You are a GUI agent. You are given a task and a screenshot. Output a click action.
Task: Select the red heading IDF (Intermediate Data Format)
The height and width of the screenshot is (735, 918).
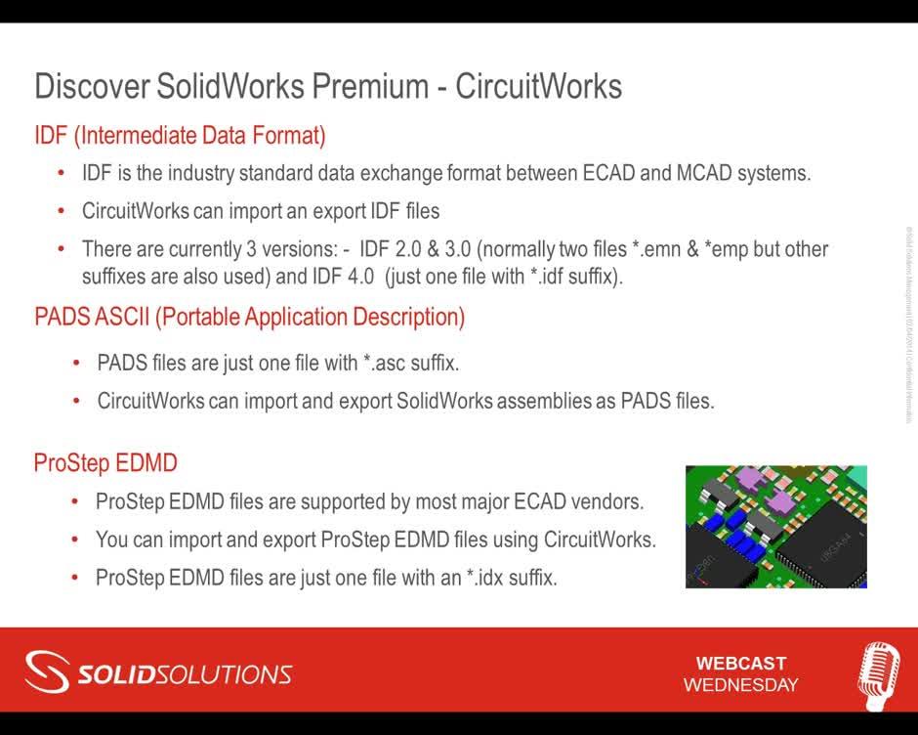(180, 135)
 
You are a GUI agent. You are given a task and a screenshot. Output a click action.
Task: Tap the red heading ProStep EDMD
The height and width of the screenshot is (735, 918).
(105, 462)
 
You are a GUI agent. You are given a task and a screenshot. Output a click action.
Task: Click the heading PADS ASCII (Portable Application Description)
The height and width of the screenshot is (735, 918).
(249, 317)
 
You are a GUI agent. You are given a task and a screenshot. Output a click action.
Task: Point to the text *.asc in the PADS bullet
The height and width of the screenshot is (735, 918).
(383, 364)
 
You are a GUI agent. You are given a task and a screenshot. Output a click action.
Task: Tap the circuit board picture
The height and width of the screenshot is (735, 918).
(775, 526)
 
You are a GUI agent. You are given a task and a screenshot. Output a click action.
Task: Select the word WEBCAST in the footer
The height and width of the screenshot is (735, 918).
(740, 664)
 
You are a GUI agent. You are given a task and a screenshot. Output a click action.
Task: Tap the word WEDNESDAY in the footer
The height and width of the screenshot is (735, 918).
(740, 685)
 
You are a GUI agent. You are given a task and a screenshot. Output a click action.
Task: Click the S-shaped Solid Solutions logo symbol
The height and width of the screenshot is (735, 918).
(46, 673)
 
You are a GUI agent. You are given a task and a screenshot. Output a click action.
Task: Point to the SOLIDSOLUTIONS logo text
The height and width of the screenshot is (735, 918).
(185, 674)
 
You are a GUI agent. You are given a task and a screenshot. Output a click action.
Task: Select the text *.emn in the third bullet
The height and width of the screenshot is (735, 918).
(681, 248)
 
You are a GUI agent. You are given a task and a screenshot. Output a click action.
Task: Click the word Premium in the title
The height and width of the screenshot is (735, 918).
(370, 86)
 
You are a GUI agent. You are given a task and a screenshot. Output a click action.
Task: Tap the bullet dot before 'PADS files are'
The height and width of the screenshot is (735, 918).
(76, 364)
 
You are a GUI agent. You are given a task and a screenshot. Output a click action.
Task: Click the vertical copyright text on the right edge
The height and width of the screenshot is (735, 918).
(907, 323)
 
